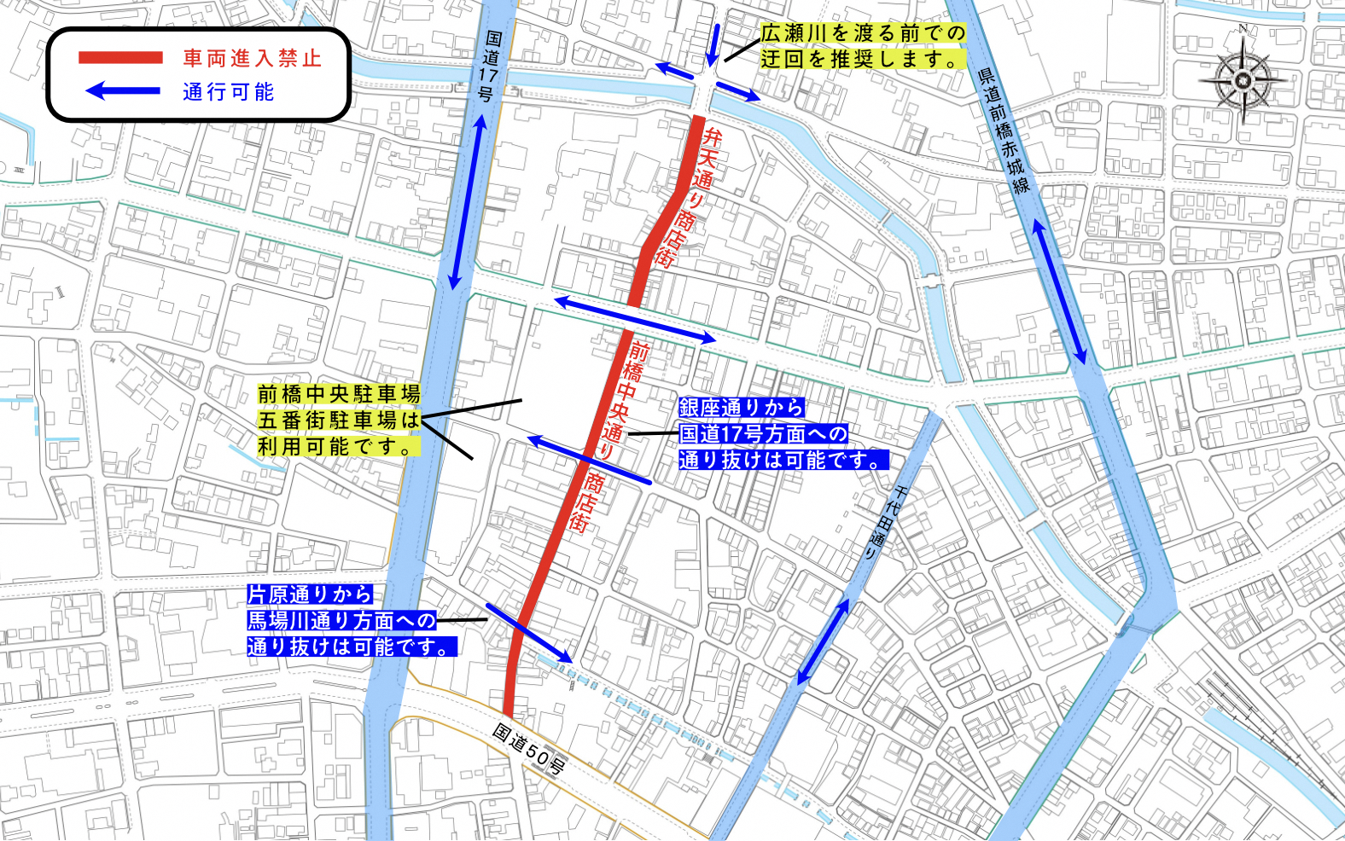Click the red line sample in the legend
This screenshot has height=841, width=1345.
(120, 58)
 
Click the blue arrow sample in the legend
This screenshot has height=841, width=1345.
(123, 90)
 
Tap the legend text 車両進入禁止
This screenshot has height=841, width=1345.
(252, 58)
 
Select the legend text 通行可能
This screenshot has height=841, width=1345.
(228, 91)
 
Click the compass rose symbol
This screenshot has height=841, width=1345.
(1243, 81)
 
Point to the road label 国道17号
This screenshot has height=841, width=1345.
(489, 67)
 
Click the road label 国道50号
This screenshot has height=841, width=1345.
(529, 748)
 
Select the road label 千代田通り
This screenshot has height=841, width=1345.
(885, 521)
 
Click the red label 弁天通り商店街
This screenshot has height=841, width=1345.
(687, 197)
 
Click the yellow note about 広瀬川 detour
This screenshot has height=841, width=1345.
(863, 46)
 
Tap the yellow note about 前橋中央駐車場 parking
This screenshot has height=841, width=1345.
(339, 420)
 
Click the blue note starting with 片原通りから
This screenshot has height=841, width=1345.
(352, 621)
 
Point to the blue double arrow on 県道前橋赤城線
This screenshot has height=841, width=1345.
(1060, 291)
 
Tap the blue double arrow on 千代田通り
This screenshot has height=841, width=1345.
(823, 641)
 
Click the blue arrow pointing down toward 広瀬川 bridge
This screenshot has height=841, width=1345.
(713, 46)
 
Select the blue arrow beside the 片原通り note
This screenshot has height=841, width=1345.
(529, 633)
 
